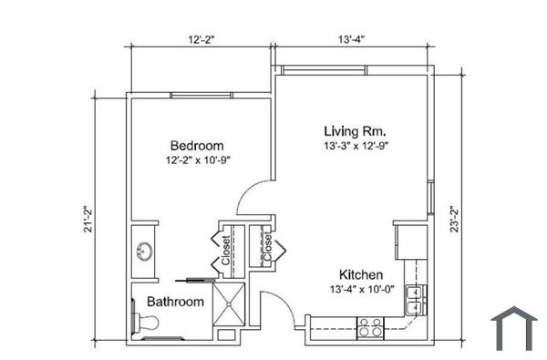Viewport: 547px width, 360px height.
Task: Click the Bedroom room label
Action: coord(197,146)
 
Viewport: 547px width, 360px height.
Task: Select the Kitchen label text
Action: coord(361,275)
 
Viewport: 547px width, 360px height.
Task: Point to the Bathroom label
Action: coord(175,302)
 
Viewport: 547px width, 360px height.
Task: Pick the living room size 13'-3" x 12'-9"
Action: coord(361,146)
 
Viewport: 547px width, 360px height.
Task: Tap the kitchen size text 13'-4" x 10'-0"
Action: coord(361,290)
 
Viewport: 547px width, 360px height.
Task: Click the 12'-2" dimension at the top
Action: coord(201,40)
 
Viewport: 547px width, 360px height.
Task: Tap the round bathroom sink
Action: coord(144,252)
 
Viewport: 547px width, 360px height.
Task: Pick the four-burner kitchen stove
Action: coord(369,327)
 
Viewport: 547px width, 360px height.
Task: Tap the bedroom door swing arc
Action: coord(251,196)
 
